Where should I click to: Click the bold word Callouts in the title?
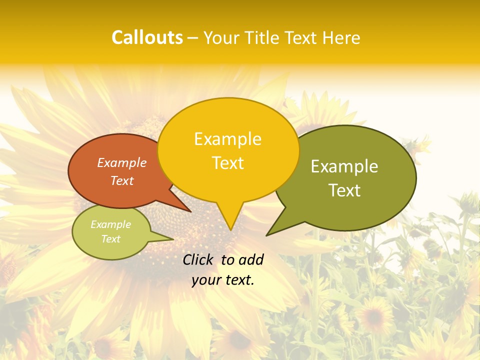point(147,37)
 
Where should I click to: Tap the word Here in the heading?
point(341,37)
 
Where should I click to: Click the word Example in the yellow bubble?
point(227,139)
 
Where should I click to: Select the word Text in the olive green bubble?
point(344,190)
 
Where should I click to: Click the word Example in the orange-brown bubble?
point(122,162)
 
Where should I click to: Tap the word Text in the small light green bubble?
point(110,239)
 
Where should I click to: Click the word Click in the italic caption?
point(198,259)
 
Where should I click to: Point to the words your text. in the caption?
point(223,280)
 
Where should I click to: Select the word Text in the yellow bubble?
point(227,163)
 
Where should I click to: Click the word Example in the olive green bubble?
point(344,166)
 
